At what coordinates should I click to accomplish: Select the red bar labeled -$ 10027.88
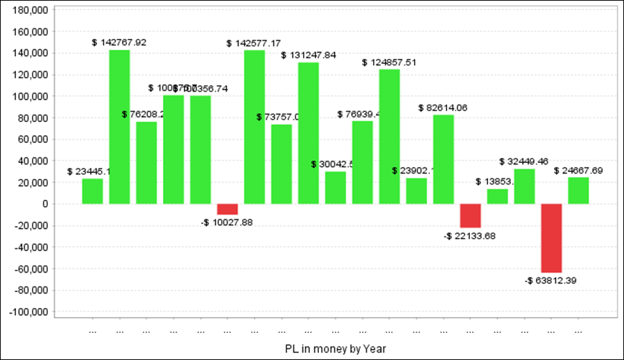tap(227, 209)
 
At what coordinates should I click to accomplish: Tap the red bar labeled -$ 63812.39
tap(552, 238)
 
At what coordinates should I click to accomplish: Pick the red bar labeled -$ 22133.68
tap(471, 216)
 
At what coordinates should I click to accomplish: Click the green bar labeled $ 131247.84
tap(309, 133)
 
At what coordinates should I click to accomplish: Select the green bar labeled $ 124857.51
tap(390, 137)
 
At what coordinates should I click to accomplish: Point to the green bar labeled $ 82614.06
tap(444, 160)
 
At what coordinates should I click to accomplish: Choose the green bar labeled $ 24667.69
tap(578, 191)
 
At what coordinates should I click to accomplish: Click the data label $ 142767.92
tap(119, 42)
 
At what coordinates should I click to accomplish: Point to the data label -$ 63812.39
tap(551, 280)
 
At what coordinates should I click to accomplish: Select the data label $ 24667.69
tap(578, 170)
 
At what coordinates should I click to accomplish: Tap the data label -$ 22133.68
tap(470, 236)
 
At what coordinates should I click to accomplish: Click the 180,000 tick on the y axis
tap(30, 10)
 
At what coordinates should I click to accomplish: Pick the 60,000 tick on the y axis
tap(32, 139)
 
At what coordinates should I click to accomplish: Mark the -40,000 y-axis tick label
tap(30, 248)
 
